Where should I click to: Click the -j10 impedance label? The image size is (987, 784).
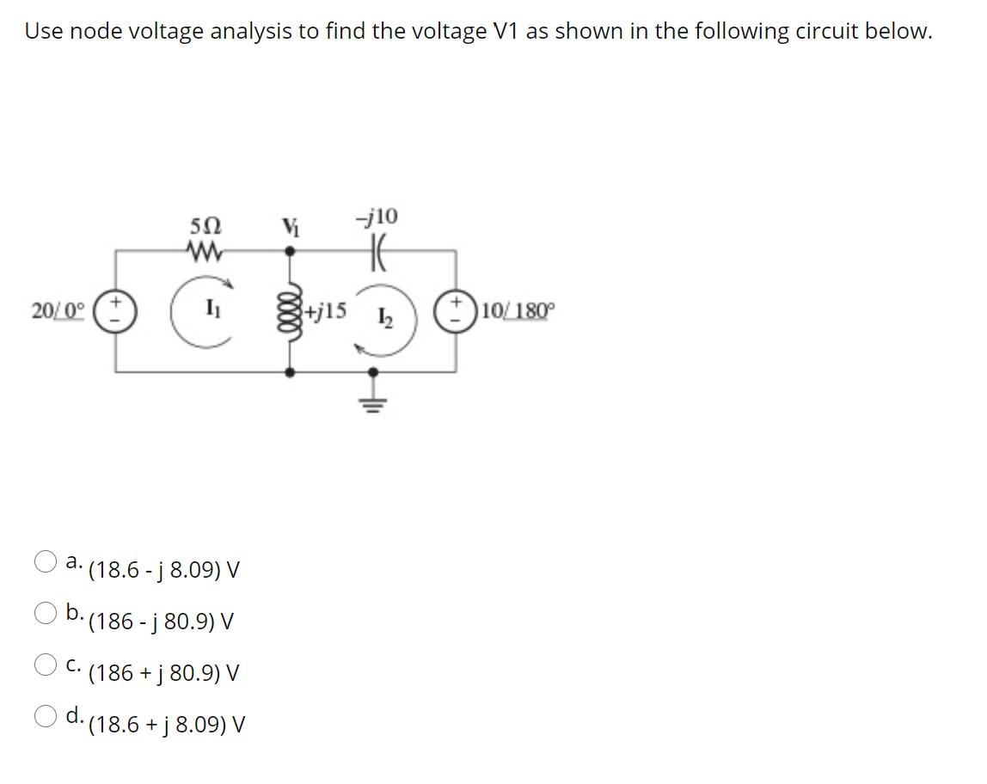377,217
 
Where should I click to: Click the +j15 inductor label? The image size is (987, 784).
325,310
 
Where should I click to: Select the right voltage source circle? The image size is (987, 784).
456,311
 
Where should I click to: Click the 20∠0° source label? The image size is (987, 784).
57,311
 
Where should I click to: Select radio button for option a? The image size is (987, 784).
46,564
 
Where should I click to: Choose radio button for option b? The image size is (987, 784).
46,614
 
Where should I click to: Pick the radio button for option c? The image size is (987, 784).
46,665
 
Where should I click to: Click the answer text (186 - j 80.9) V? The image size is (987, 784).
162,621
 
